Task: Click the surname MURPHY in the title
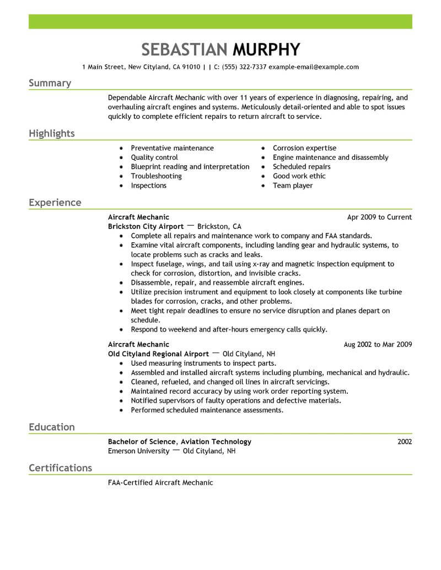pos(267,50)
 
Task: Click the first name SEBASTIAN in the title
pos(184,50)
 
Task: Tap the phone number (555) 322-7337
pos(244,67)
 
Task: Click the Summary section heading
pos(50,83)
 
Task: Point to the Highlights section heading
pos(52,134)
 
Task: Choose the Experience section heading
pos(55,203)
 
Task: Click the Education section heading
pos(52,427)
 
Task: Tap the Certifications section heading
pos(60,468)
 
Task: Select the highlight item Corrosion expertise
pos(304,148)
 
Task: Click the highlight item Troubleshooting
pos(156,176)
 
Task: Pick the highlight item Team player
pos(293,186)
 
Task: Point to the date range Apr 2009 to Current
pos(379,217)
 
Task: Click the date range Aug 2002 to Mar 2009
pos(378,345)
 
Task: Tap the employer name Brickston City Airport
pos(146,226)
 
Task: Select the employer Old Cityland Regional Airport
pos(158,354)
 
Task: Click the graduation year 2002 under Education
pos(404,441)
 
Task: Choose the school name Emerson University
pos(138,450)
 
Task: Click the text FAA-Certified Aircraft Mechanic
pos(160,482)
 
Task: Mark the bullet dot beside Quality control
pos(121,158)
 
